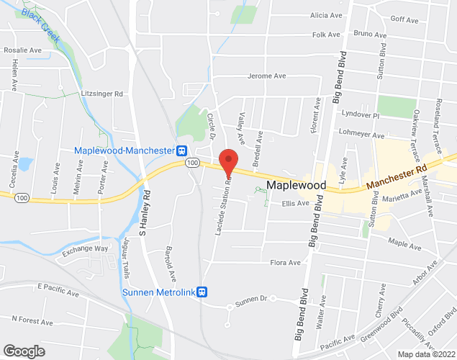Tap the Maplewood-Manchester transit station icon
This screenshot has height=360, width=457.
click(x=183, y=150)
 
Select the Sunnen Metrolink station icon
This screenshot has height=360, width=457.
click(x=203, y=291)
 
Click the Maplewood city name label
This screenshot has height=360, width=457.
click(x=296, y=185)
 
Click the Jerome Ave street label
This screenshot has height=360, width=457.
click(x=267, y=76)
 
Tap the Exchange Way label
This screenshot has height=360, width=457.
click(x=84, y=249)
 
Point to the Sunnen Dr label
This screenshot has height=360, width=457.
click(x=253, y=298)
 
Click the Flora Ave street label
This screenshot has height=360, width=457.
click(x=285, y=263)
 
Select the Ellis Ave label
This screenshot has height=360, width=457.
click(x=295, y=204)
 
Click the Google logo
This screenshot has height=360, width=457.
click(x=23, y=351)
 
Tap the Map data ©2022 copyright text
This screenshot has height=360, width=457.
click(x=425, y=354)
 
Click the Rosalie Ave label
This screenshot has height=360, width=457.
click(x=23, y=50)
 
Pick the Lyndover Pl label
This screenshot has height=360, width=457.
click(x=361, y=114)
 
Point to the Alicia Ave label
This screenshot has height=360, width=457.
click(x=326, y=15)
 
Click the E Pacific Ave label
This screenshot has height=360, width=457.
click(x=56, y=287)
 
